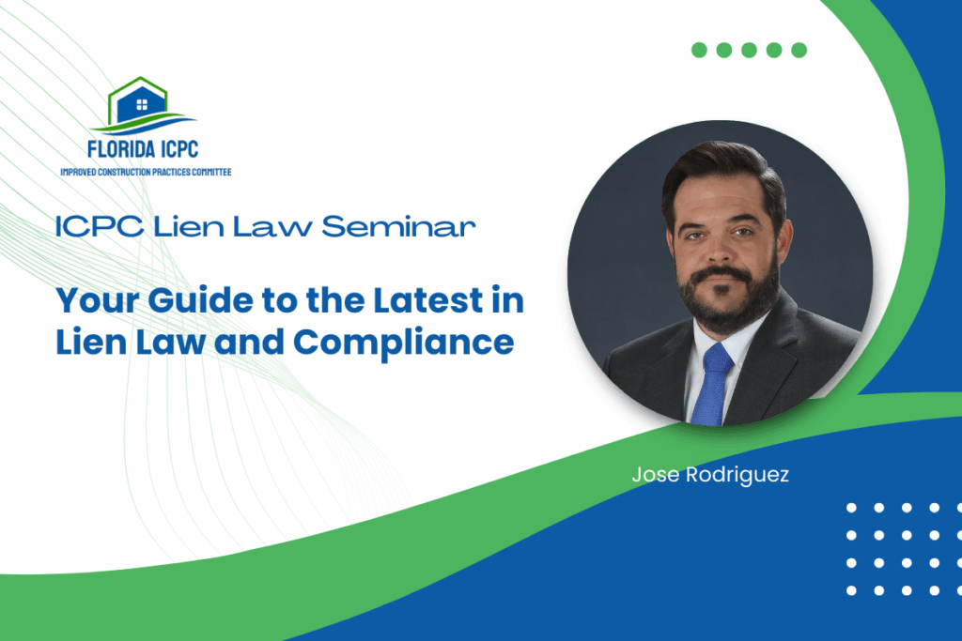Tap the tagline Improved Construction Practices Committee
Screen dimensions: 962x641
(146, 172)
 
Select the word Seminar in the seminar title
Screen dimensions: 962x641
(398, 226)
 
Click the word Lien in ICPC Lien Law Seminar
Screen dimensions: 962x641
(189, 226)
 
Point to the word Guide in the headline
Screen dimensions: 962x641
(201, 300)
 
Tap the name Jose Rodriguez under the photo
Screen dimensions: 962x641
(710, 474)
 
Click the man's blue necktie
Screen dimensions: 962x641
(713, 384)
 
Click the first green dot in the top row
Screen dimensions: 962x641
(699, 51)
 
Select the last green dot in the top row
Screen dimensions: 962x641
(799, 51)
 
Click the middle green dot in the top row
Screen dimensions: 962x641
(749, 51)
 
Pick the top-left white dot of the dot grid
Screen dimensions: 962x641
(851, 508)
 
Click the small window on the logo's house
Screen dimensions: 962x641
(142, 105)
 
